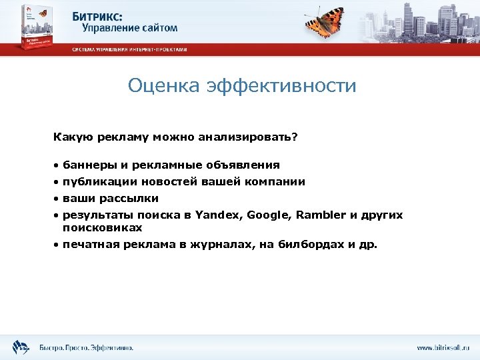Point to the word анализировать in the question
point(247,137)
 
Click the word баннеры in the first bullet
point(86,165)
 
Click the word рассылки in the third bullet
point(129,198)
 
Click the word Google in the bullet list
point(269,215)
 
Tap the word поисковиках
point(102,227)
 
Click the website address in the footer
point(443,347)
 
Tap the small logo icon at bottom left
point(21,347)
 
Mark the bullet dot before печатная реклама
point(57,245)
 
